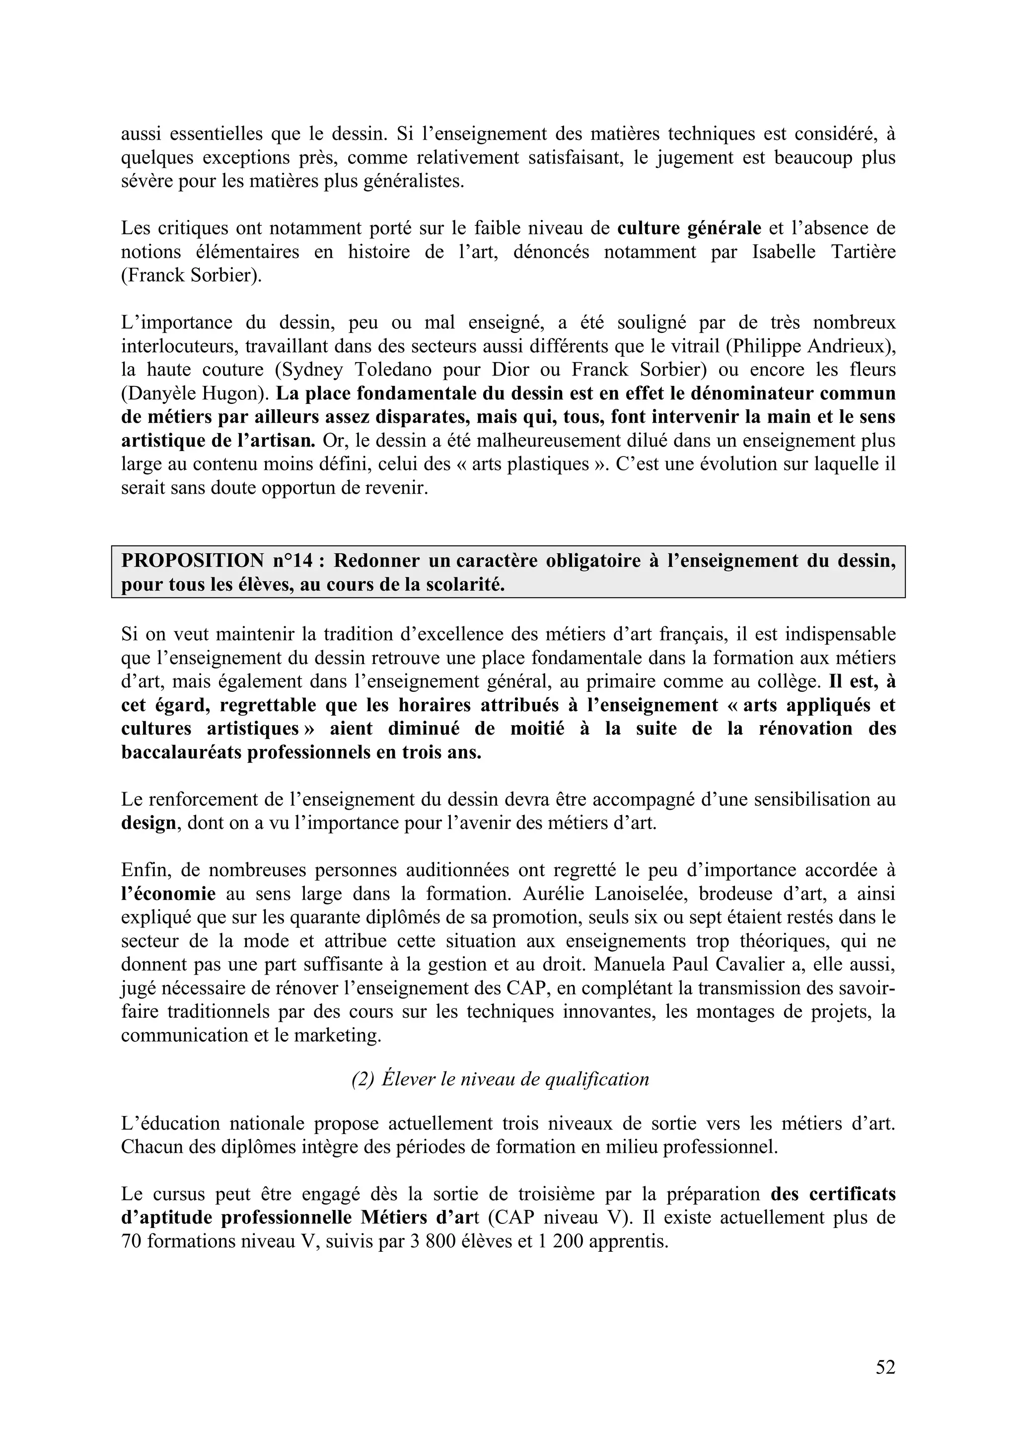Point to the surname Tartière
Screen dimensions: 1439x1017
tap(863, 252)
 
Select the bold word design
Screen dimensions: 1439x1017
tap(148, 823)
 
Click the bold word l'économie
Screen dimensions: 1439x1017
tap(168, 894)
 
